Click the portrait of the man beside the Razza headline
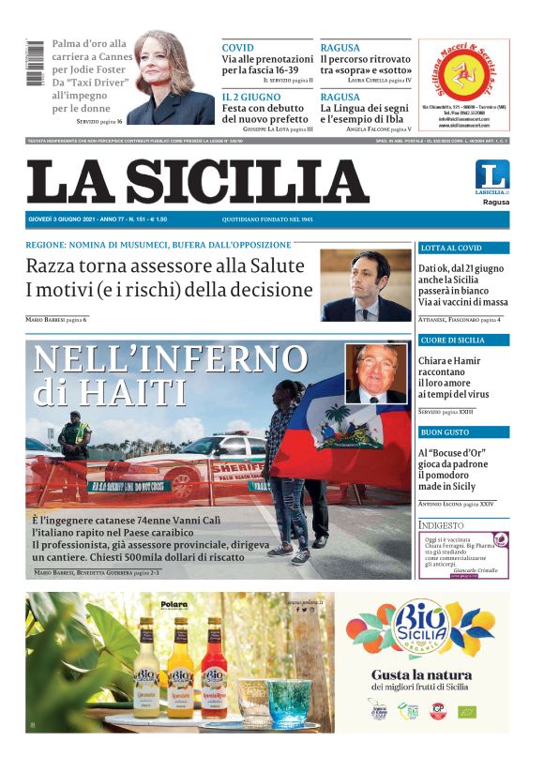pos(366,285)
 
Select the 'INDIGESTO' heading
pos(441,525)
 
